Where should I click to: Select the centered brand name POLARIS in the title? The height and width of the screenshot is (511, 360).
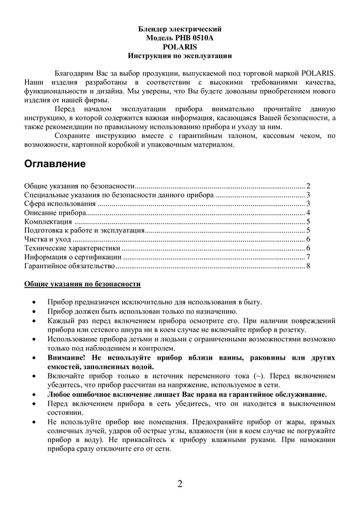[x=180, y=47]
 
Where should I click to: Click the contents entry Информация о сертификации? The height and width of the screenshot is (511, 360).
[x=73, y=257]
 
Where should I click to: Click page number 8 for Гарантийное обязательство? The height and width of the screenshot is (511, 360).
[x=308, y=266]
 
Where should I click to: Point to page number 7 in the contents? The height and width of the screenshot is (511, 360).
[x=308, y=257]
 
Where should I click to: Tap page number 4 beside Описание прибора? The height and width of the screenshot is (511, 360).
[x=308, y=213]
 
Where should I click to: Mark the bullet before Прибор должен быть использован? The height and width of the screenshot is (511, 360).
[x=34, y=311]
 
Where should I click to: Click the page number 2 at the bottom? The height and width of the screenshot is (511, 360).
[x=180, y=484]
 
